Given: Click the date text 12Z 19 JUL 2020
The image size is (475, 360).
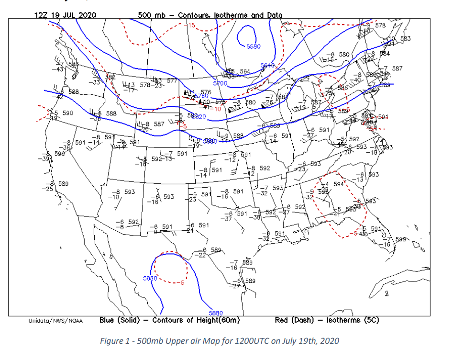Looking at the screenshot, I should (x=66, y=15).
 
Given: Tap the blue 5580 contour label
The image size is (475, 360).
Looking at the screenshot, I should (x=254, y=46).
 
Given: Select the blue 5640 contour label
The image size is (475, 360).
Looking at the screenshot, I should (x=268, y=65).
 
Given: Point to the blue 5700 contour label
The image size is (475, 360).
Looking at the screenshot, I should (x=221, y=83).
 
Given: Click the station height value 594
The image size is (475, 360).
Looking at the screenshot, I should (x=339, y=184).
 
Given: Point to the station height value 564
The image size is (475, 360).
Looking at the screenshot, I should (x=245, y=71).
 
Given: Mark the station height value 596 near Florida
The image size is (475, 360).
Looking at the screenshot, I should (x=401, y=239).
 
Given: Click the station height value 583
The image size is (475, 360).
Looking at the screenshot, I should (x=405, y=38).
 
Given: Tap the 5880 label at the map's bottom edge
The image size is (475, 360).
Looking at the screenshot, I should (x=216, y=313).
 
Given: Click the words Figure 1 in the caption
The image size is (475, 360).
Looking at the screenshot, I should (x=113, y=341).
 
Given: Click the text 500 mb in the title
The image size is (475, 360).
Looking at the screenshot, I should (x=152, y=15).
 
